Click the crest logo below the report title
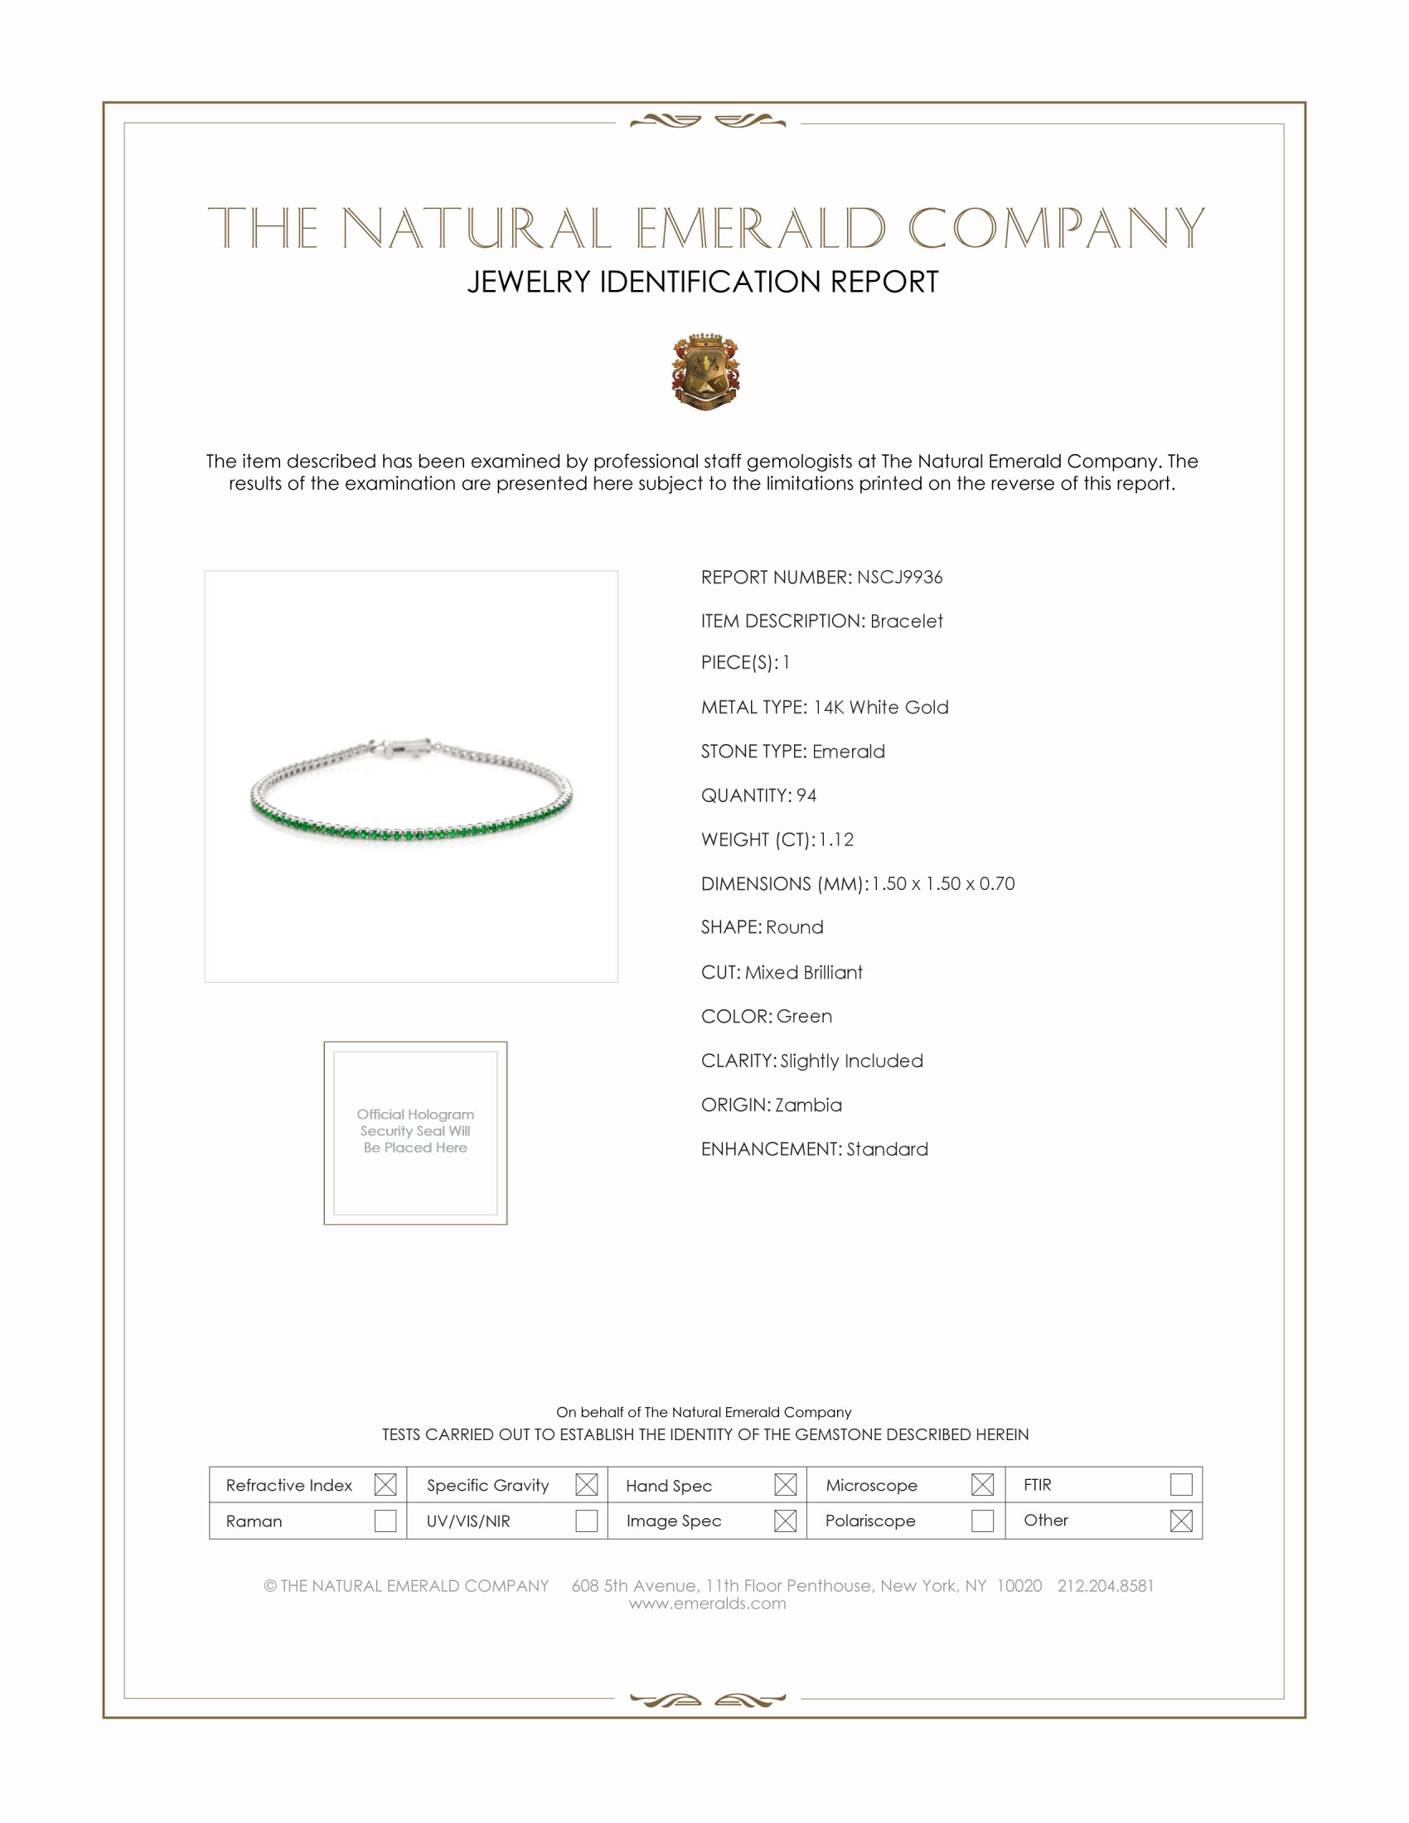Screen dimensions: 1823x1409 click(x=705, y=371)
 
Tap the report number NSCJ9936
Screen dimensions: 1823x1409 click(x=899, y=578)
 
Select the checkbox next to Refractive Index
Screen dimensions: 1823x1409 click(x=385, y=1485)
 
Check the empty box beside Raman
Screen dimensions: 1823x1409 click(x=385, y=1521)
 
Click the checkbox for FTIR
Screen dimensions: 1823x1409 click(x=1181, y=1485)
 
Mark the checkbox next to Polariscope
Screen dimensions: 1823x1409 click(x=982, y=1521)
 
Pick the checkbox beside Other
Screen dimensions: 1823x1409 click(x=1181, y=1521)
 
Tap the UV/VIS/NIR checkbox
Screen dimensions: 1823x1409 click(x=586, y=1521)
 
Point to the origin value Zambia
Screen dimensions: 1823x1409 click(x=808, y=1105)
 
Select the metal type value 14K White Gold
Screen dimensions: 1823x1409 click(x=880, y=708)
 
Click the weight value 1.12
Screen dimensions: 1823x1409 click(x=835, y=839)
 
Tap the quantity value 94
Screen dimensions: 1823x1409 click(x=806, y=795)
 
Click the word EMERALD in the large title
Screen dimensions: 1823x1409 click(x=760, y=229)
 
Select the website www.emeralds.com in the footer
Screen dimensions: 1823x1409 click(x=707, y=1603)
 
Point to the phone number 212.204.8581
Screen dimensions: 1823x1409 click(x=1105, y=1586)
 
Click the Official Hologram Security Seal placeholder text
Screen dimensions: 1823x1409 click(x=415, y=1131)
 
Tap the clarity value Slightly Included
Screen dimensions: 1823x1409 click(x=851, y=1061)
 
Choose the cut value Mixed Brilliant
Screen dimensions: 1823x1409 click(x=803, y=973)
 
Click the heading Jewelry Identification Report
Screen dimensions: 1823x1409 click(x=703, y=282)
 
